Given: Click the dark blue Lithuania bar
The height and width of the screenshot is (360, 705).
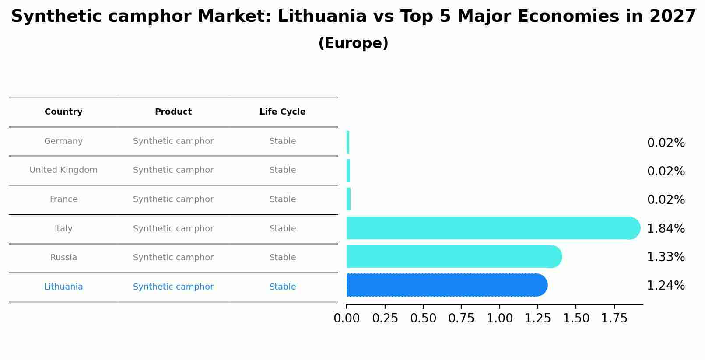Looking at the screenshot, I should click(x=446, y=285).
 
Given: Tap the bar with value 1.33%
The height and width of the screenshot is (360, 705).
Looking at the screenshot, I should click(x=453, y=257).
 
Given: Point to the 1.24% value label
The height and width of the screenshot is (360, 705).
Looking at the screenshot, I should click(x=666, y=286).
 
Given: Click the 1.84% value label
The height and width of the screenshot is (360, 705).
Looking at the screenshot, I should click(x=666, y=228).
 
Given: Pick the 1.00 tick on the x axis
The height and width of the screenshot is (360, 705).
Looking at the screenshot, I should click(x=500, y=318).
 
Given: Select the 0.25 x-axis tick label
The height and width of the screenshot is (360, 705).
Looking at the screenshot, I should click(x=385, y=318).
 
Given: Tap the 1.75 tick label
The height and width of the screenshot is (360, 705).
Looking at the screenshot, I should click(x=614, y=318).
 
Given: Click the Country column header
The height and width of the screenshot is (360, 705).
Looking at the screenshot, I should click(x=63, y=112).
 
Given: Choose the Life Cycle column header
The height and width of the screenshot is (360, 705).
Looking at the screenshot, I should click(x=282, y=112).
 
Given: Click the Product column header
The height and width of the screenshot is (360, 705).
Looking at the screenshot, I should click(x=173, y=112).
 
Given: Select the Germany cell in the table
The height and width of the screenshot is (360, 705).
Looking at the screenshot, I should click(x=63, y=141).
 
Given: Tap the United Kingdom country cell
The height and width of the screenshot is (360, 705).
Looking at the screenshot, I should click(x=63, y=170).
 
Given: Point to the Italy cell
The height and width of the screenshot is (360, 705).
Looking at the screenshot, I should click(x=63, y=229).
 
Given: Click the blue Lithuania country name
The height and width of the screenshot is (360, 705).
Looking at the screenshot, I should click(x=63, y=287).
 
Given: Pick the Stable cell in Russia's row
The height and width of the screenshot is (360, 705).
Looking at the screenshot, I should click(x=283, y=258).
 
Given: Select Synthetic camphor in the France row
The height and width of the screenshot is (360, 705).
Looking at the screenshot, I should click(x=173, y=199).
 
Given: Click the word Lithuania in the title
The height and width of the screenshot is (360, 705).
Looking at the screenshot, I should click(x=322, y=17).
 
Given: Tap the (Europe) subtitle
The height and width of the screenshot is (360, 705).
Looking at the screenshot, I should click(x=353, y=43).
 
